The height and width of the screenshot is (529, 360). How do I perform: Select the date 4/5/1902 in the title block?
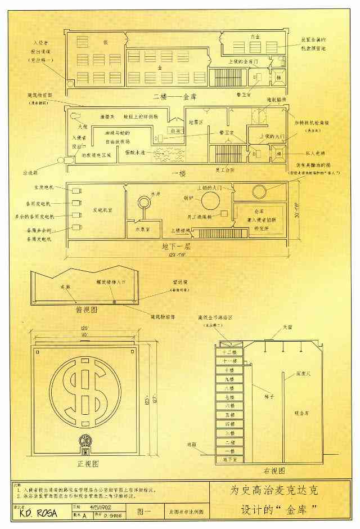click(93, 506)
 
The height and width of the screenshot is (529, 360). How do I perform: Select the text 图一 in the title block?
click(142, 513)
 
